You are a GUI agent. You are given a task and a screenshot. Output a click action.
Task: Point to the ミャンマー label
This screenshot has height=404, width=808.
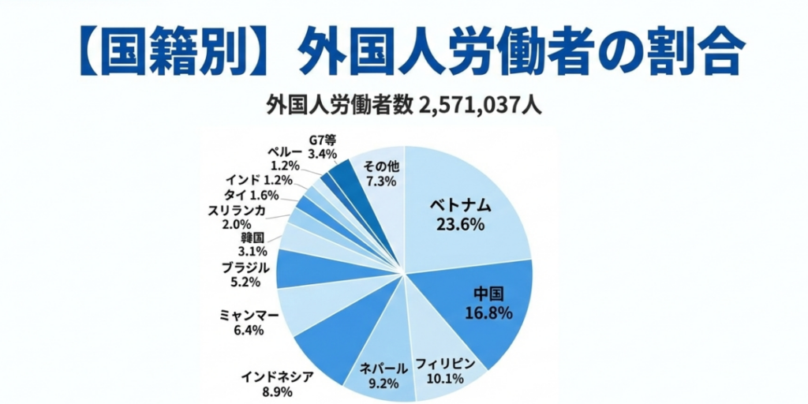tap(249, 316)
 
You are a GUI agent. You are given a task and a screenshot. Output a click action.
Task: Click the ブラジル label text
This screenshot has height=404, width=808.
tap(245, 267)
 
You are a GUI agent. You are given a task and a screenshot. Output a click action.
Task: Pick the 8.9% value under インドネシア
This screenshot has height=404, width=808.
tap(276, 391)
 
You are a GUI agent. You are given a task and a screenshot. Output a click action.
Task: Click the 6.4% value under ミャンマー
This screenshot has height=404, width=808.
tap(249, 330)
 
